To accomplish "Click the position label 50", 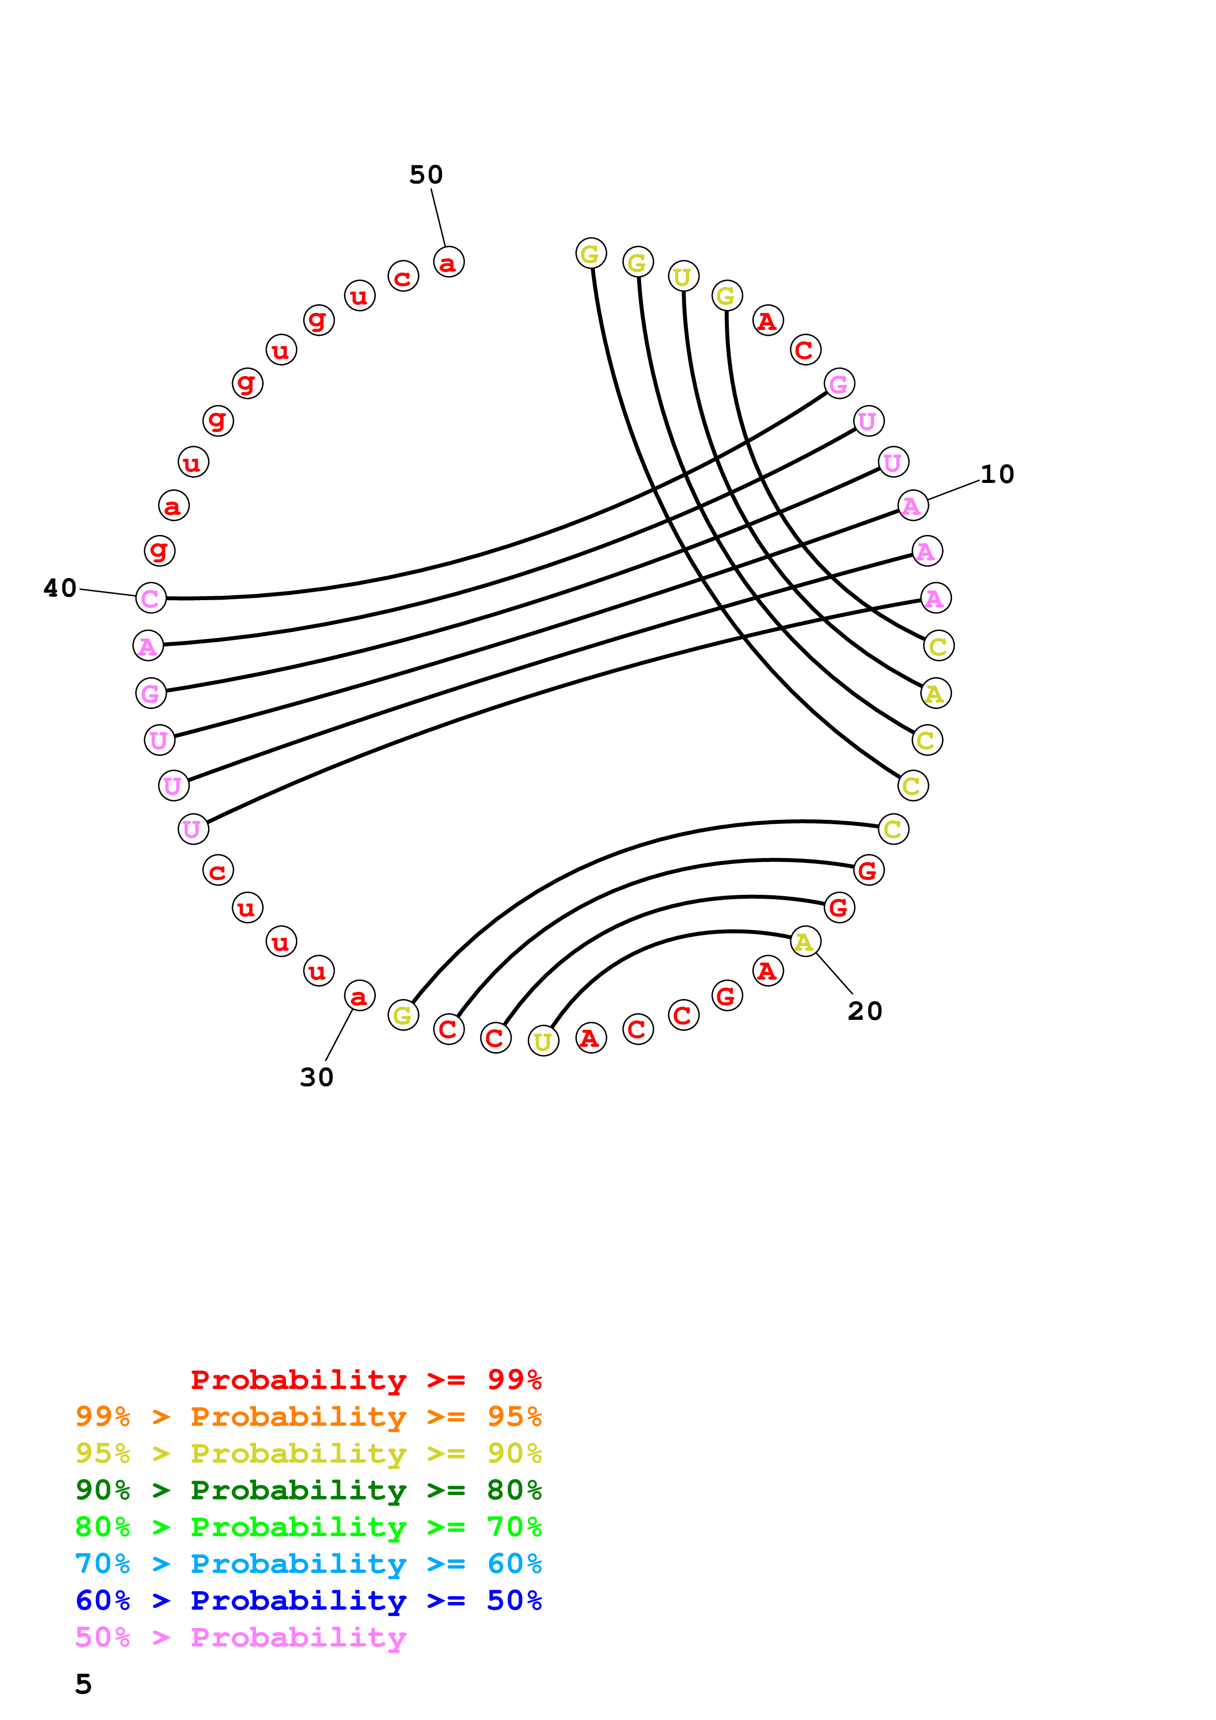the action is point(426,175).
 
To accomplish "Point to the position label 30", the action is point(316,1077).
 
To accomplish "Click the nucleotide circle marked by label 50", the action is point(448,262).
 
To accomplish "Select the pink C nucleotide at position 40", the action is point(151,598).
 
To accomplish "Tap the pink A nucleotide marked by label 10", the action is point(912,506).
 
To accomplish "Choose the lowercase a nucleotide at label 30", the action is point(359,996).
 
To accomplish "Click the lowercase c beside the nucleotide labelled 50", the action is point(403,277).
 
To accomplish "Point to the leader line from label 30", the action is point(338,1036).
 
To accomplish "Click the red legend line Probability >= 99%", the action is point(365,1379).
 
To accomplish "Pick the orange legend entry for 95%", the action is point(308,1416).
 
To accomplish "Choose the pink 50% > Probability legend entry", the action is point(240,1637).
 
